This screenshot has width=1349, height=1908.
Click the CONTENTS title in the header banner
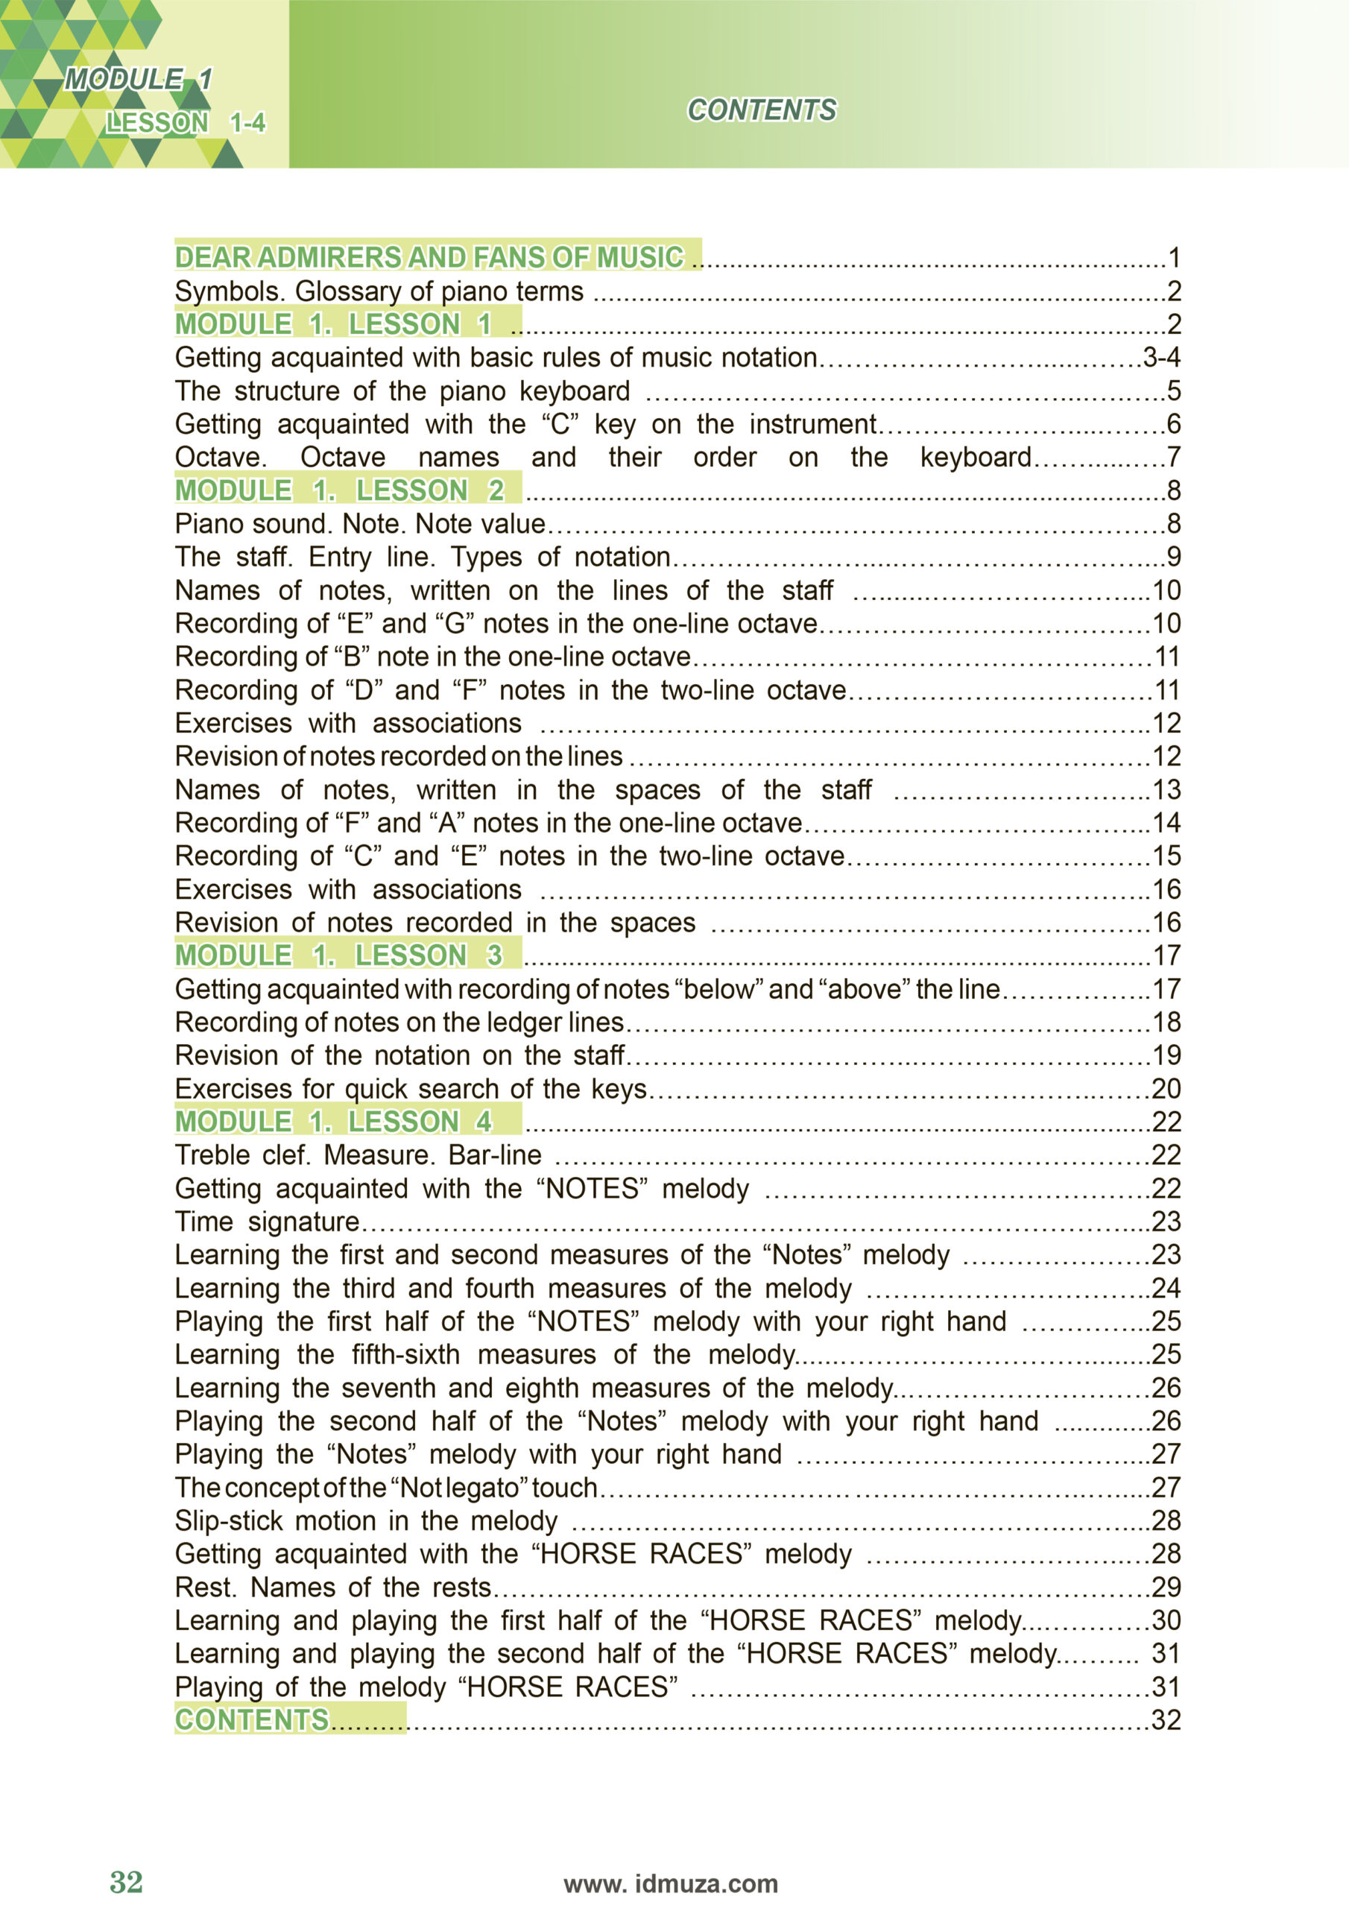762,110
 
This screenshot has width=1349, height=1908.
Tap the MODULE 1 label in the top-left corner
138,80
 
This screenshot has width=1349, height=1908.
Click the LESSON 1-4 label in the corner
185,123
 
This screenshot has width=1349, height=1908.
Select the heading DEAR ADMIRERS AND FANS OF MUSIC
429,257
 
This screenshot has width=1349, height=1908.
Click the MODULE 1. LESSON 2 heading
339,490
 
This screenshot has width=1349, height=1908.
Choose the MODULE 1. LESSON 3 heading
338,955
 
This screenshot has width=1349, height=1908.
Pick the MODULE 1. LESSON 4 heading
333,1122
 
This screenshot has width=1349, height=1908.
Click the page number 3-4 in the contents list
1161,357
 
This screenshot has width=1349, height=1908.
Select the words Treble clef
242,1155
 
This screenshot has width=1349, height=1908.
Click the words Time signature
267,1222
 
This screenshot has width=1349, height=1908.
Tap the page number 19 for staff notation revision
1166,1055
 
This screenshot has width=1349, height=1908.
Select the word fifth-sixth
405,1354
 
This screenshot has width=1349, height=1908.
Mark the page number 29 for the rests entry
1166,1588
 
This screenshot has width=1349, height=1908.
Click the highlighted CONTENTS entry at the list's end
252,1720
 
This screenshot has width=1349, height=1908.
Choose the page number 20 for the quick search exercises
1166,1089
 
